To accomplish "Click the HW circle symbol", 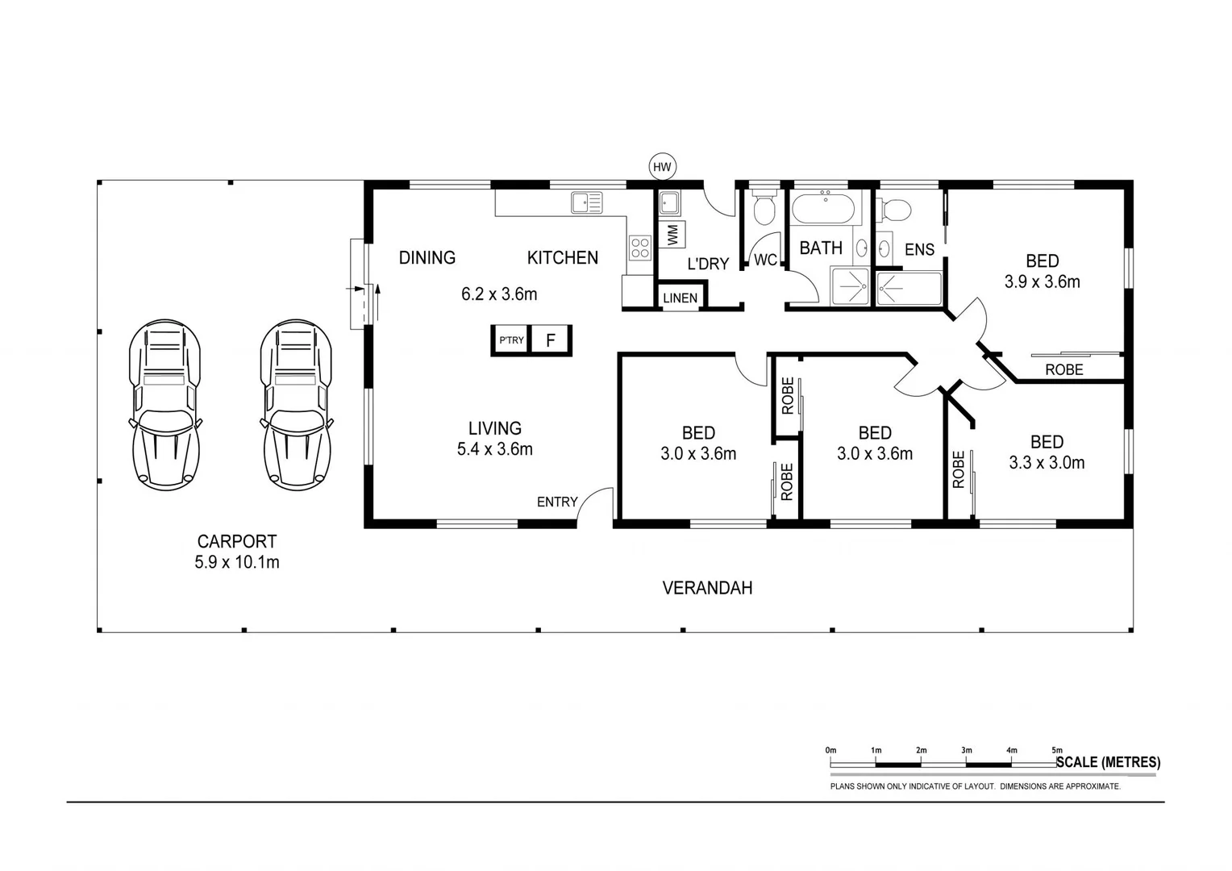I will click(x=662, y=167).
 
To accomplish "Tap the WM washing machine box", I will click(x=672, y=234).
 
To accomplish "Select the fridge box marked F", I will click(x=551, y=340).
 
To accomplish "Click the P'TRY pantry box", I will click(x=510, y=340).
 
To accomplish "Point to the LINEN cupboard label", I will click(x=680, y=298).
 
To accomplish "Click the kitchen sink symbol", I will click(x=587, y=202).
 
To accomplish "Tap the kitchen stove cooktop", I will click(x=639, y=248).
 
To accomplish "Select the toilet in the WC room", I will click(x=763, y=209).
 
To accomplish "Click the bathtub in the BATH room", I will click(x=822, y=210).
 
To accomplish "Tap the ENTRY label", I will click(x=557, y=502).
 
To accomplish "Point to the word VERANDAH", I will click(x=707, y=588).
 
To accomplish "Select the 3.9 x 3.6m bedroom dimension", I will click(x=1042, y=282).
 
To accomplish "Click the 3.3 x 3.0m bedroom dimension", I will click(x=1047, y=463).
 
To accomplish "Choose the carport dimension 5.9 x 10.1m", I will click(x=236, y=563).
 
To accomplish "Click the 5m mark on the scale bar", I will click(x=1057, y=751).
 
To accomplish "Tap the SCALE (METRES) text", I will click(x=1109, y=762).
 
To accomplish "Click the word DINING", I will click(x=427, y=257).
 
